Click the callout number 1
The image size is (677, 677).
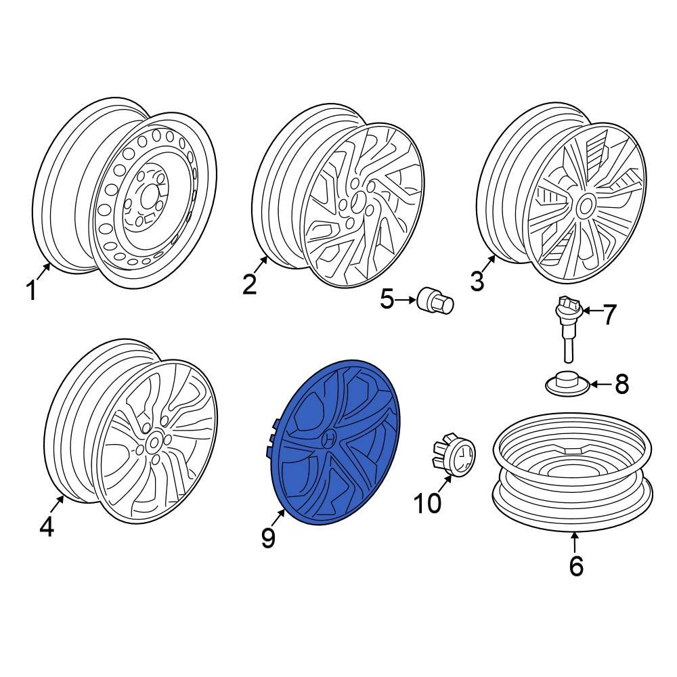[30, 291]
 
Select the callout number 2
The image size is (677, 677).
[250, 285]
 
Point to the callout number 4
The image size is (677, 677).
[46, 526]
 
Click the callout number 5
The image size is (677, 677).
[387, 299]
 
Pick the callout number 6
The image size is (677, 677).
[575, 565]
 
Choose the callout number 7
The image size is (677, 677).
[610, 314]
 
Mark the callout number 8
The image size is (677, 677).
[621, 385]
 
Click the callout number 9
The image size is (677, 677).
[268, 538]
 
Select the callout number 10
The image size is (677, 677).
[427, 503]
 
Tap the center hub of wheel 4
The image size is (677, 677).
[153, 444]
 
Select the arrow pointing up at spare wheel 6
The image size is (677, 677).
[575, 542]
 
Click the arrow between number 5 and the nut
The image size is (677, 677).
[406, 299]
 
